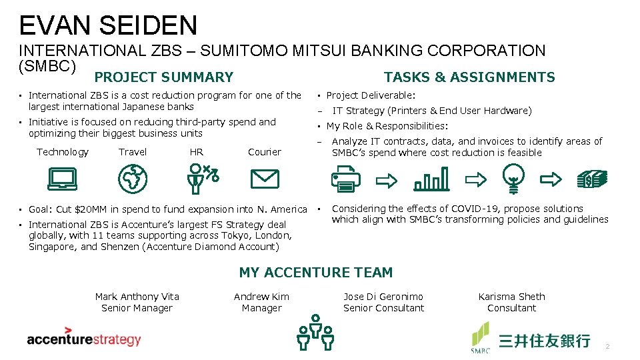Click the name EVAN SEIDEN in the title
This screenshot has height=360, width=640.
109,25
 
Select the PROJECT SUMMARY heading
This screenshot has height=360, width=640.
163,77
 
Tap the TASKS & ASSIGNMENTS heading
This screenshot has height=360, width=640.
469,77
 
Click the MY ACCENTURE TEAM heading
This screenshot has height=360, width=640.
316,272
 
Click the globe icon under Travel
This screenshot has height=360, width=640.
132,178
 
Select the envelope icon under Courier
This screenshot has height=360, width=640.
264,178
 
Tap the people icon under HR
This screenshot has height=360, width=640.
200,178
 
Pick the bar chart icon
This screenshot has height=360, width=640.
431,179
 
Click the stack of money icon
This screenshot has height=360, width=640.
593,178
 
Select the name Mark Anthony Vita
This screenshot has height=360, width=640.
137,297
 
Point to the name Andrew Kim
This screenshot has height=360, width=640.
261,297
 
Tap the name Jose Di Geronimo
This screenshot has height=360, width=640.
383,297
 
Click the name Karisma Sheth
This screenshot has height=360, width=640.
511,297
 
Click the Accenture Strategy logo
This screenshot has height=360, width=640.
84,337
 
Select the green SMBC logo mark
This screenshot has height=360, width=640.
481,337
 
